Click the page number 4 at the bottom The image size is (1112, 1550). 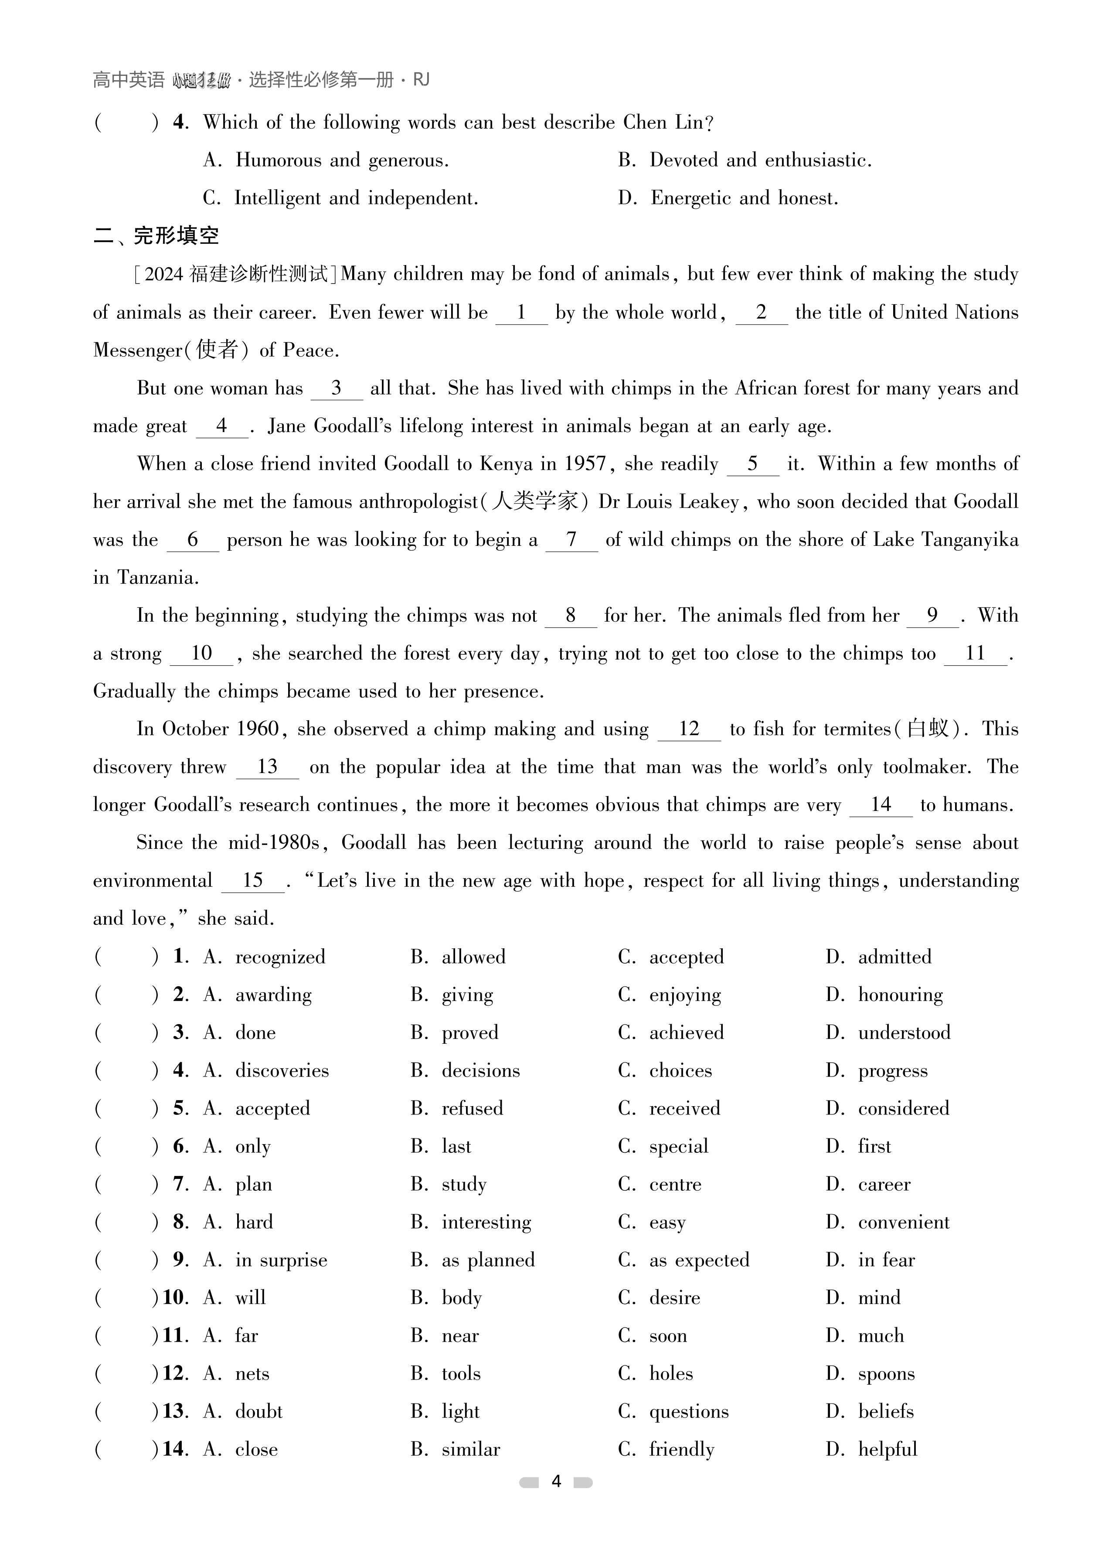pyautogui.click(x=556, y=1481)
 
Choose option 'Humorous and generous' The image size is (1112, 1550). pyautogui.click(x=341, y=160)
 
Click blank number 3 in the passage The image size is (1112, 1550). pyautogui.click(x=336, y=388)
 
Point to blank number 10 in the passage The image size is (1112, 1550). pyautogui.click(x=202, y=653)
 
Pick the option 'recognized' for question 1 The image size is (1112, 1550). pyautogui.click(x=280, y=956)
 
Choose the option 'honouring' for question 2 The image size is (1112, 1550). pyautogui.click(x=900, y=995)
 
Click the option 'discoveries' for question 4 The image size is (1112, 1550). pyautogui.click(x=282, y=1070)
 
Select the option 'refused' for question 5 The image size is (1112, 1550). pyautogui.click(x=472, y=1108)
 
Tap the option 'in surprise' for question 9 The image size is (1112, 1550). pyautogui.click(x=281, y=1260)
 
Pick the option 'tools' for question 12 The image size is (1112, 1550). pyautogui.click(x=461, y=1373)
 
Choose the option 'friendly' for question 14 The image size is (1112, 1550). pyautogui.click(x=681, y=1449)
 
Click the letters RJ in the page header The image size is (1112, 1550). pyautogui.click(x=421, y=80)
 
